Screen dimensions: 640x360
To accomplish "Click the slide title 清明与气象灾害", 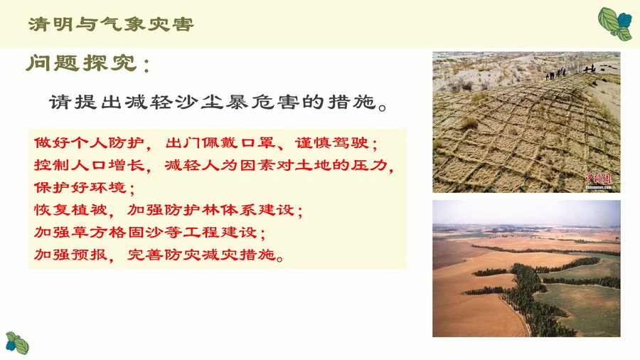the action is pos(111,24).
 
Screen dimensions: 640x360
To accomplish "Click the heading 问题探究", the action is pos(82,63).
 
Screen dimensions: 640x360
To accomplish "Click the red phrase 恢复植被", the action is pos(70,210).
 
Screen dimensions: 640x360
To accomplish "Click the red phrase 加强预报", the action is pos(70,255).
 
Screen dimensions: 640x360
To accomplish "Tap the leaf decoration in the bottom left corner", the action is pos(17,343).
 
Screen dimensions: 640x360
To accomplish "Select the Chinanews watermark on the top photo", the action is pos(598,181).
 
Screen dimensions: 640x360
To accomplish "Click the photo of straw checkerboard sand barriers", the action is pos(526,122).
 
